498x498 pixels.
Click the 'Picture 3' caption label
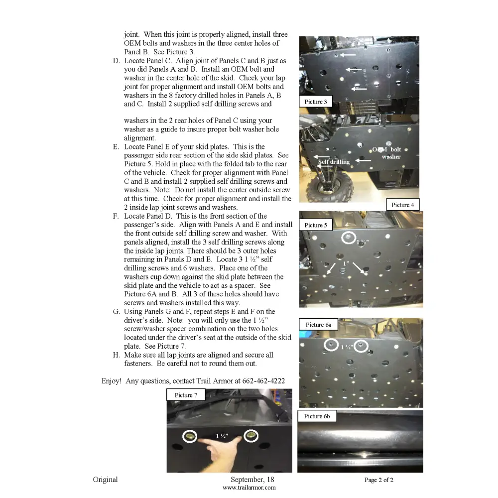(x=316, y=102)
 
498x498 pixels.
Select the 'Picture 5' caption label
(x=316, y=225)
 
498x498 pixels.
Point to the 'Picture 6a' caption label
(x=318, y=325)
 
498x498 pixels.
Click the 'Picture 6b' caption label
(x=317, y=416)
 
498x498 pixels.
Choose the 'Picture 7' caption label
(x=186, y=395)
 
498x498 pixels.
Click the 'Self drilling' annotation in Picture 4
(x=334, y=161)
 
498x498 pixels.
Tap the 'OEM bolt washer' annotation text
(x=387, y=153)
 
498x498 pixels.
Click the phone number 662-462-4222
(x=263, y=381)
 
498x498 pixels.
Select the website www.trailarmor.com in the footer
(x=249, y=488)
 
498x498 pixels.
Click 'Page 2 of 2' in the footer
(x=378, y=480)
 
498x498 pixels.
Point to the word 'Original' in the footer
(x=105, y=480)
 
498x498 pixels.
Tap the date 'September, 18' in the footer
(x=252, y=480)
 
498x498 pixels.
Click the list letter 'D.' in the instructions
(x=116, y=61)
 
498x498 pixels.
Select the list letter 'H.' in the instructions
(x=116, y=355)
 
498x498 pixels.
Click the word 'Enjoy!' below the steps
(x=111, y=381)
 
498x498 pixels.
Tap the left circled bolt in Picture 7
(x=190, y=436)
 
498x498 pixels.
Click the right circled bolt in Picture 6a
(x=361, y=346)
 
